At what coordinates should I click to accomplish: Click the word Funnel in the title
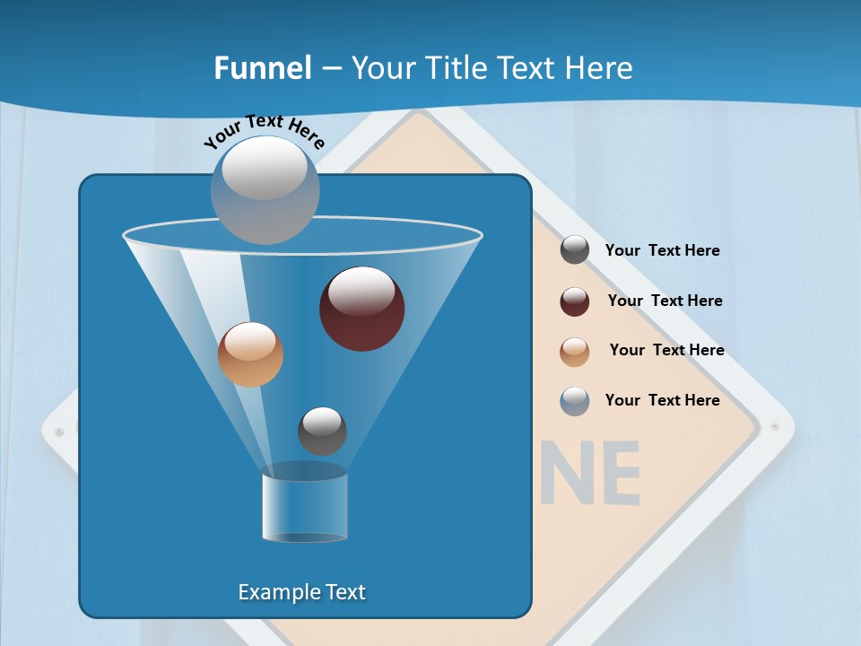pyautogui.click(x=262, y=67)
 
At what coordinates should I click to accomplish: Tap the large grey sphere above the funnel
pyautogui.click(x=265, y=189)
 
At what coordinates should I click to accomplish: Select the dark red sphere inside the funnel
pyautogui.click(x=361, y=309)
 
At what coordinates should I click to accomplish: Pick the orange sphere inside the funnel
pyautogui.click(x=250, y=354)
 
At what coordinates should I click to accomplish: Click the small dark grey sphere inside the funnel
pyautogui.click(x=322, y=431)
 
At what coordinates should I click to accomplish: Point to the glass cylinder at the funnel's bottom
pyautogui.click(x=305, y=507)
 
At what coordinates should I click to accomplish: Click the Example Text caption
pyautogui.click(x=301, y=592)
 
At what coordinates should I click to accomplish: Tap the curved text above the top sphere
pyautogui.click(x=264, y=131)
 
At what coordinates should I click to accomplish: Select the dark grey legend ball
pyautogui.click(x=575, y=250)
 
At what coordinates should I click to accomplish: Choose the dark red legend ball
pyautogui.click(x=575, y=301)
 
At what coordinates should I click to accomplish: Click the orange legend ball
pyautogui.click(x=575, y=351)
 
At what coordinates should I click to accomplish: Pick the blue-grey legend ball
pyautogui.click(x=575, y=401)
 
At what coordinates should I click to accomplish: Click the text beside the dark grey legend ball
pyautogui.click(x=662, y=250)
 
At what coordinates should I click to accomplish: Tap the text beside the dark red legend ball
pyautogui.click(x=665, y=301)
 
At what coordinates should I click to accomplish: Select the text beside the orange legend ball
pyautogui.click(x=666, y=350)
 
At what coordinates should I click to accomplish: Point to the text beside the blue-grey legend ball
pyautogui.click(x=662, y=400)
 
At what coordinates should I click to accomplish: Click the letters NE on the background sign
pyautogui.click(x=596, y=473)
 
